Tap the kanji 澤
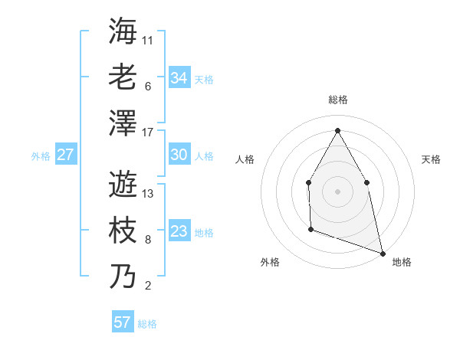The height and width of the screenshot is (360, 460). (x=123, y=123)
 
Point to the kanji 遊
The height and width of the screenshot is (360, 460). (x=123, y=184)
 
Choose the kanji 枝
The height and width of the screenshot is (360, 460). (x=123, y=231)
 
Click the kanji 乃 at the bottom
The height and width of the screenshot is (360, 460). (x=123, y=277)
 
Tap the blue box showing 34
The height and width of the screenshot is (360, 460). (x=179, y=77)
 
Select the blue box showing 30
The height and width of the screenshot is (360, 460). (x=179, y=155)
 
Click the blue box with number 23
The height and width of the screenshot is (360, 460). (x=179, y=231)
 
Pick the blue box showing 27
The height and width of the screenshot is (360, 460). (x=65, y=155)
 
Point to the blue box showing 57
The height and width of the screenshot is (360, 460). (x=123, y=322)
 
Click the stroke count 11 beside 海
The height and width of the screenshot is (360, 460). (x=148, y=40)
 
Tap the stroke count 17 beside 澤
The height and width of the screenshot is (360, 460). (x=148, y=133)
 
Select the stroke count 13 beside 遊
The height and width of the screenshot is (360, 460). (x=148, y=194)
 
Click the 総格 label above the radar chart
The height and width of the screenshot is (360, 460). (x=337, y=100)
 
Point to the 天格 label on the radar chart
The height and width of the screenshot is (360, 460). (x=431, y=159)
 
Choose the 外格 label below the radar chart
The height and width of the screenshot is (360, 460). (x=270, y=262)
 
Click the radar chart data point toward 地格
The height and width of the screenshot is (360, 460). (x=383, y=252)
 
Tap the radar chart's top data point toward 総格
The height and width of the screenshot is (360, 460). (x=337, y=130)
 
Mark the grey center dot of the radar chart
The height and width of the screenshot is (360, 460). (x=337, y=191)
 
